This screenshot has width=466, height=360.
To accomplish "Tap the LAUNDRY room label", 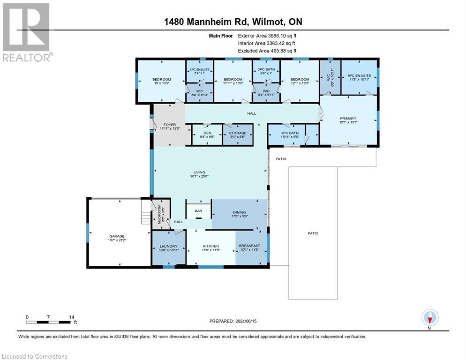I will [x=168, y=246].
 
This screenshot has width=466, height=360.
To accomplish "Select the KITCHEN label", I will [x=210, y=246].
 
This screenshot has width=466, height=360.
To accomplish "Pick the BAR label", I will [x=198, y=211].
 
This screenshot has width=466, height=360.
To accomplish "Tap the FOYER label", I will [x=169, y=125].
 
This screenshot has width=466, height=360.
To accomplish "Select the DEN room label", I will [x=206, y=133].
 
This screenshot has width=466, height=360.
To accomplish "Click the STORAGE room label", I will [x=238, y=133].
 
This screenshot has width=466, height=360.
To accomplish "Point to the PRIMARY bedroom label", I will [x=348, y=118].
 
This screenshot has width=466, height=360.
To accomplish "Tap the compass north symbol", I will [x=430, y=317].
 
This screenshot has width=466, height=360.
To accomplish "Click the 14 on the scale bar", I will [x=72, y=317].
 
